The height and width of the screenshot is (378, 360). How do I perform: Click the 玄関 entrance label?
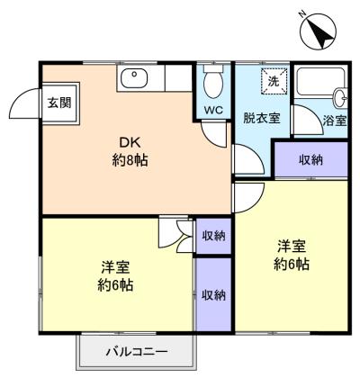pyautogui.click(x=59, y=103)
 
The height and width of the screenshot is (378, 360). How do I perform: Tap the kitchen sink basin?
pyautogui.click(x=134, y=78)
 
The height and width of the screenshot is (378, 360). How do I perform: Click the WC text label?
pyautogui.click(x=213, y=110)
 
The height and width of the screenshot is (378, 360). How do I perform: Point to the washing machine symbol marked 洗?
pyautogui.click(x=274, y=81)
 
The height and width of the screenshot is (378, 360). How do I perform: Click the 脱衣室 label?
pyautogui.click(x=262, y=118)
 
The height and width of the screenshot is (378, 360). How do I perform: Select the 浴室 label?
pyautogui.click(x=335, y=121)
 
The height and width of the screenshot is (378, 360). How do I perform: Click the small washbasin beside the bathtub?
pyautogui.click(x=340, y=97)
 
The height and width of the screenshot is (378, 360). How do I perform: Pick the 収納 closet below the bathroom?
pyautogui.click(x=311, y=159)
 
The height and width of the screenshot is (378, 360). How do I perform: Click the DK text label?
pyautogui.click(x=130, y=143)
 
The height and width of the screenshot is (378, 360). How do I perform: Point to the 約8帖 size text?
pyautogui.click(x=130, y=161)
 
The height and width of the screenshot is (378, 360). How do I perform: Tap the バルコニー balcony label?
pyautogui.click(x=137, y=351)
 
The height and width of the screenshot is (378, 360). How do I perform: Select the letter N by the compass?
pyautogui.click(x=302, y=13)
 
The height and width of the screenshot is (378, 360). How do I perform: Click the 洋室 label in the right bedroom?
pyautogui.click(x=292, y=247)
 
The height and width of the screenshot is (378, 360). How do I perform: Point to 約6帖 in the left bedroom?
pyautogui.click(x=115, y=285)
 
